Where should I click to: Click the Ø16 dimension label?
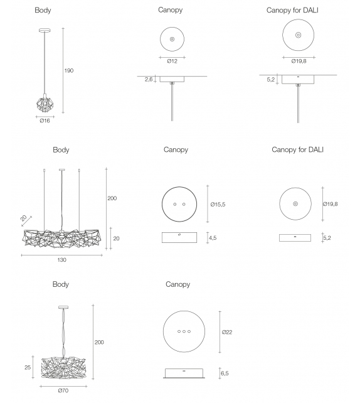coord(45,121)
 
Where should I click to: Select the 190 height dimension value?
coord(69,70)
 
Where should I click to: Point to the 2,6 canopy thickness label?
coord(148,80)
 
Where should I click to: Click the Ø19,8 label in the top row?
coord(299,61)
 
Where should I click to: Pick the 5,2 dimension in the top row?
coord(270,80)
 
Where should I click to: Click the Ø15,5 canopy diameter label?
coord(218,205)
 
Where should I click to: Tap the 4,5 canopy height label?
coord(213,238)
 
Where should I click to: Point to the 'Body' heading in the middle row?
coord(61,150)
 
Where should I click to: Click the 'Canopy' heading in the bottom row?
coord(177,284)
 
